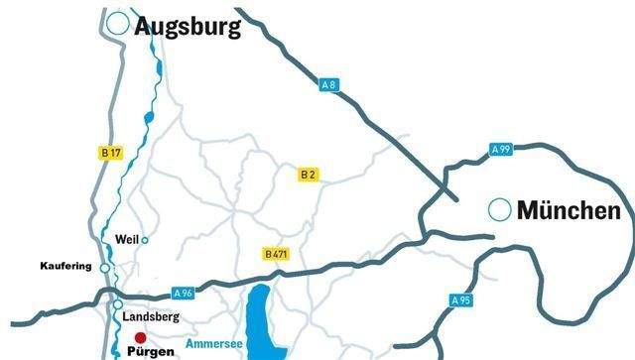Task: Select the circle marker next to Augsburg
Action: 119,25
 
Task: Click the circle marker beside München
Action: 500,210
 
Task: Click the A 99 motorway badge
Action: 501,150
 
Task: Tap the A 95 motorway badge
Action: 460,300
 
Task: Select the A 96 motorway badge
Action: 183,294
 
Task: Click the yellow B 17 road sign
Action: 111,153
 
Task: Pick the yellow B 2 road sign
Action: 309,175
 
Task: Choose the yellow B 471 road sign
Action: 276,255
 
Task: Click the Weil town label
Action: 126,240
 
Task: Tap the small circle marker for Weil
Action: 145,240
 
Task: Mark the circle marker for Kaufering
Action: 105,268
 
